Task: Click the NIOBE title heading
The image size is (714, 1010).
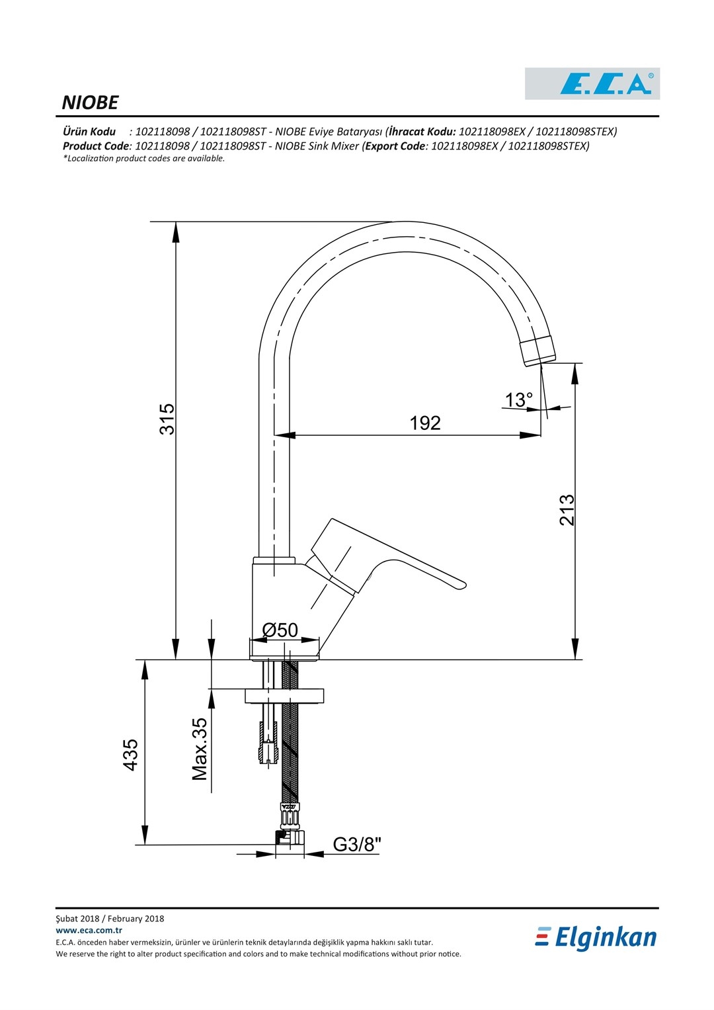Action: coord(90,103)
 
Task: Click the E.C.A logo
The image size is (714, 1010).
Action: coord(592,83)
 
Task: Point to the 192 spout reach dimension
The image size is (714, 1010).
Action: coord(424,423)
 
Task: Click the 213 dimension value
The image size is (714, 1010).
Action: coord(567,510)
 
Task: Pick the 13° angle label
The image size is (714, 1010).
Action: coord(518,400)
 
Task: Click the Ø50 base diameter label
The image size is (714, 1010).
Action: coord(280,630)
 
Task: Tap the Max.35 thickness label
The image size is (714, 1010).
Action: coord(199,749)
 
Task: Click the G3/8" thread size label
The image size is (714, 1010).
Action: coord(357,844)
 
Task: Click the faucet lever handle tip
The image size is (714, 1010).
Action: coord(463,585)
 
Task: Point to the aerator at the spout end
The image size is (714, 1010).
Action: coord(537,351)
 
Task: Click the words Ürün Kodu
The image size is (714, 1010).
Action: coord(89,132)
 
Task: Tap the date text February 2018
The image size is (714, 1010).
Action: coord(136,919)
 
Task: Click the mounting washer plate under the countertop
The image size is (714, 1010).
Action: coord(284,696)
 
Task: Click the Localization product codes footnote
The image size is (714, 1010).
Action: coord(144,158)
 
